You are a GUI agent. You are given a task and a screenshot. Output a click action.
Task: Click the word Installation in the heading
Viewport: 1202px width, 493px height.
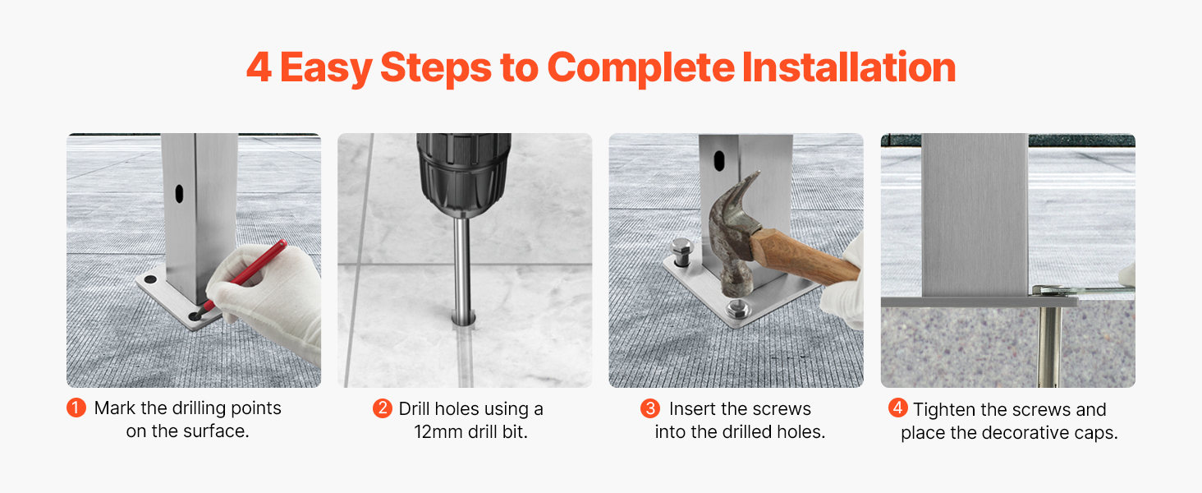849,67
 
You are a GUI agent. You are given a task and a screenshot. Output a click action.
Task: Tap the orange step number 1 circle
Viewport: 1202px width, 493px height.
76,408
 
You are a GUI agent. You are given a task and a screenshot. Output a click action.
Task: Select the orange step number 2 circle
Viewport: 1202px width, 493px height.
382,408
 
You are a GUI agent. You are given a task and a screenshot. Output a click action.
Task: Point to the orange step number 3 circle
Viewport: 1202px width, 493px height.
649,408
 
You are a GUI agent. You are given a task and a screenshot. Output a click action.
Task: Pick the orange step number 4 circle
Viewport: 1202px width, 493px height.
897,408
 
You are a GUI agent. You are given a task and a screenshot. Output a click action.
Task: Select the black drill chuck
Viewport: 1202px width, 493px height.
464,173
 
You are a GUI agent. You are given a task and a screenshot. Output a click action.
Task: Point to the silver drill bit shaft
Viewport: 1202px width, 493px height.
462,269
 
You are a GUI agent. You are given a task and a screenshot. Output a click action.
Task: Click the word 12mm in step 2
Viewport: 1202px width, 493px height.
438,431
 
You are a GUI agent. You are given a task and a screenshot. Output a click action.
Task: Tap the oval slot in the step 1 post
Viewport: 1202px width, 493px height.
179,194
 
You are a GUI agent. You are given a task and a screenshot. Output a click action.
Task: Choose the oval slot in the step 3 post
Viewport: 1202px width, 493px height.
719,160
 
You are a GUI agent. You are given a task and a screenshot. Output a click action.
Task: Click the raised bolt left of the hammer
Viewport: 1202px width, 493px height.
683,252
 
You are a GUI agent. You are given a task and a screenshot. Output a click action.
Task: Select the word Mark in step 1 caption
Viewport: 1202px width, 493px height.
115,408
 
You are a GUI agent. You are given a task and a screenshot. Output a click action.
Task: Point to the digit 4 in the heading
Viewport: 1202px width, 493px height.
259,67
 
